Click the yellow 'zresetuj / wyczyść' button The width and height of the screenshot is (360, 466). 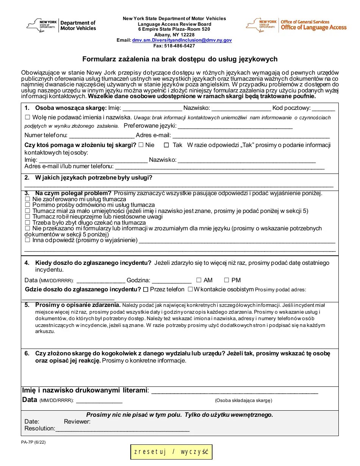(171, 452)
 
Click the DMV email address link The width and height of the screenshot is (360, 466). (182, 40)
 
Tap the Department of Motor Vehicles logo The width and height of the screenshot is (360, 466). (61, 25)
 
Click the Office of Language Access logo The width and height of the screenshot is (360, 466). (296, 25)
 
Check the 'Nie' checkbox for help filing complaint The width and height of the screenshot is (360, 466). (141, 145)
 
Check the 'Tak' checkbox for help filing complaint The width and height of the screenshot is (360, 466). (166, 145)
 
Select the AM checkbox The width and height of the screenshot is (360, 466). (199, 280)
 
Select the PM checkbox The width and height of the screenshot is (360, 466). (227, 280)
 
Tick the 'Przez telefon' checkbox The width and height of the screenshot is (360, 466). (146, 289)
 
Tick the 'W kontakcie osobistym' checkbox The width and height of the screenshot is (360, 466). (191, 289)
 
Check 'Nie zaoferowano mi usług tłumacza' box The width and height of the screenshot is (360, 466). (27, 199)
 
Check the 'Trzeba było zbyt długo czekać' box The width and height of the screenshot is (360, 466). (27, 223)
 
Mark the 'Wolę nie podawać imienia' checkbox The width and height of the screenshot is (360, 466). (27, 117)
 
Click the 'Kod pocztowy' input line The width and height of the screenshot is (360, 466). (323, 108)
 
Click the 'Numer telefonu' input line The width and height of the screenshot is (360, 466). (102, 136)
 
